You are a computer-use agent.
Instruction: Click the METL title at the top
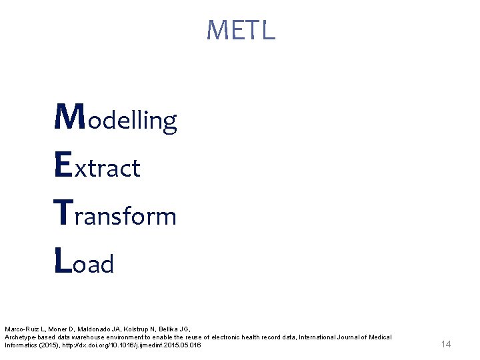point(241,30)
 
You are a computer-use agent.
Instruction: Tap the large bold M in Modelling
point(67,118)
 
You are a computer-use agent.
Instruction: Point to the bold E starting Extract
point(63,166)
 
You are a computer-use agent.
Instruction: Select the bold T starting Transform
point(63,214)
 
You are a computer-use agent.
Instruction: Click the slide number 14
point(446,344)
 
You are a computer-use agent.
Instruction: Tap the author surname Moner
point(61,329)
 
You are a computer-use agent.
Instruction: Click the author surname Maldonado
point(97,329)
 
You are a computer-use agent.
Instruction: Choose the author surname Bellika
point(172,329)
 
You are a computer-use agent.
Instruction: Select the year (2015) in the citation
point(48,345)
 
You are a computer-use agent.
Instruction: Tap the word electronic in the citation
point(230,337)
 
